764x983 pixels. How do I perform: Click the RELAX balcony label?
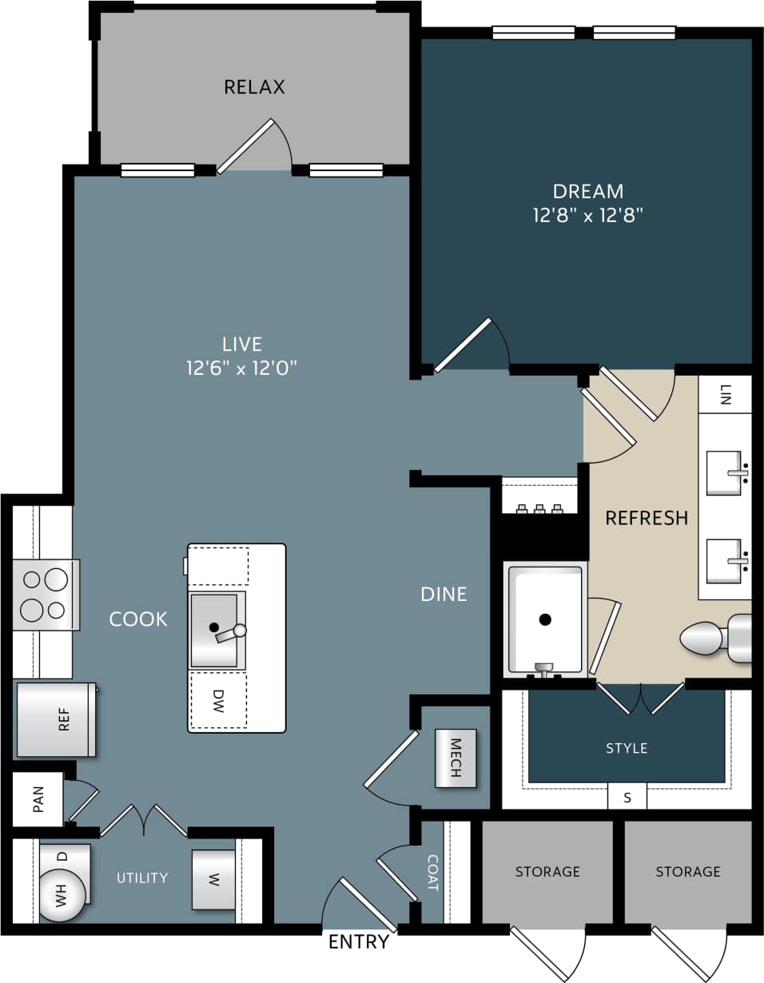coord(254,86)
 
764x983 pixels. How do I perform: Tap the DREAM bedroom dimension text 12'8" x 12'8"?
coord(588,215)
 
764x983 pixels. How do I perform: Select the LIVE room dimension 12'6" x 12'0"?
coord(241,368)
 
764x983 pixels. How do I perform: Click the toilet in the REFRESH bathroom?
coord(716,639)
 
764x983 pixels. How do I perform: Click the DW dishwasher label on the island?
coord(218,701)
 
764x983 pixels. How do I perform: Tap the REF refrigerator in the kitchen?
coord(56,719)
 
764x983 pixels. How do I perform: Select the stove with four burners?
coord(45,595)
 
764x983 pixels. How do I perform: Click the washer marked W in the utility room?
coord(213,879)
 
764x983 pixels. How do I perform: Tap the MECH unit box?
coord(456,758)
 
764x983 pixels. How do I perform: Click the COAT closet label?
coord(432,873)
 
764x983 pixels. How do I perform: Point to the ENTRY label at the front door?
coord(359,941)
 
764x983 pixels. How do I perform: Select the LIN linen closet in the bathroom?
coord(725,394)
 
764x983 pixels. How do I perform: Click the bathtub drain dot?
coord(545,619)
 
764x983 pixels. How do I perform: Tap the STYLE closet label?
coord(627,748)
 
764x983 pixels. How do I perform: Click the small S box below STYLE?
coord(627,796)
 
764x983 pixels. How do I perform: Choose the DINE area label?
coord(444,594)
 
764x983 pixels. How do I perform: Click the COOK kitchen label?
coord(138,619)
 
